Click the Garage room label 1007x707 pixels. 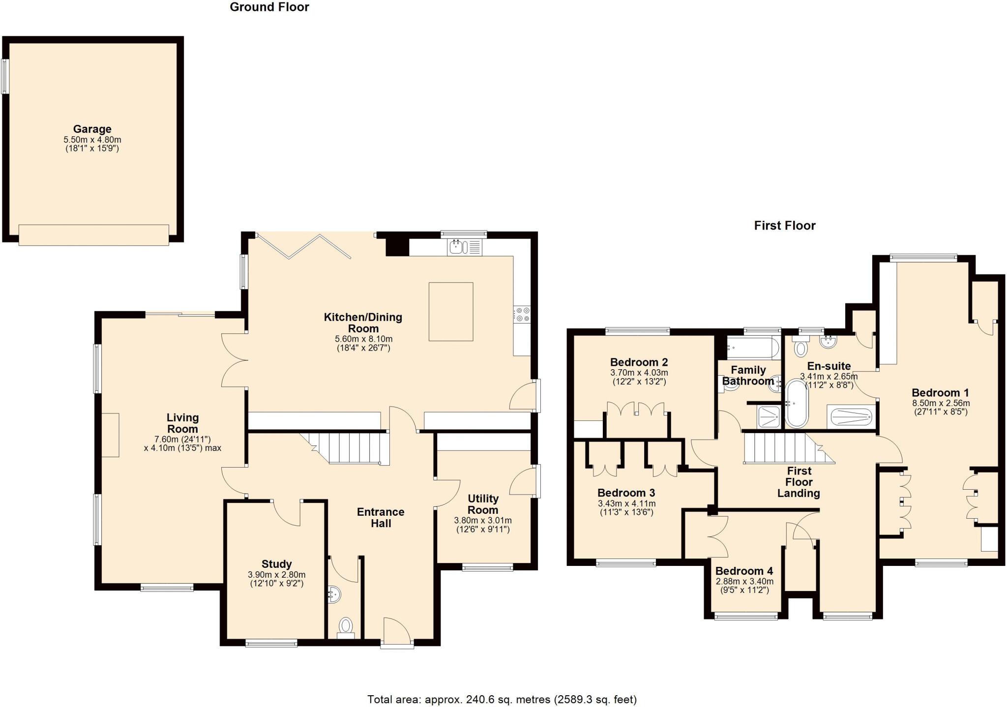92,129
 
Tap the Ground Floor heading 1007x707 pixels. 269,7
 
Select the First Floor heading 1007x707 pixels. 785,226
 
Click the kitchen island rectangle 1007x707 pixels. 450,311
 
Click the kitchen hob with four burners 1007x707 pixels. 522,315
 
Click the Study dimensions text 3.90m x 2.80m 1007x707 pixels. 276,575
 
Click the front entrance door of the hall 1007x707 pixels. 396,632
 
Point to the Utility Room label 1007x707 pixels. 483,504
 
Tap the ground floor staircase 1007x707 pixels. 349,447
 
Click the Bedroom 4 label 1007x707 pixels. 743,571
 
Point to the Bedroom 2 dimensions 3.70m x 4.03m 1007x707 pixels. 639,373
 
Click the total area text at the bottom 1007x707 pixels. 502,699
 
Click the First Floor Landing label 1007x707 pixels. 799,482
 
